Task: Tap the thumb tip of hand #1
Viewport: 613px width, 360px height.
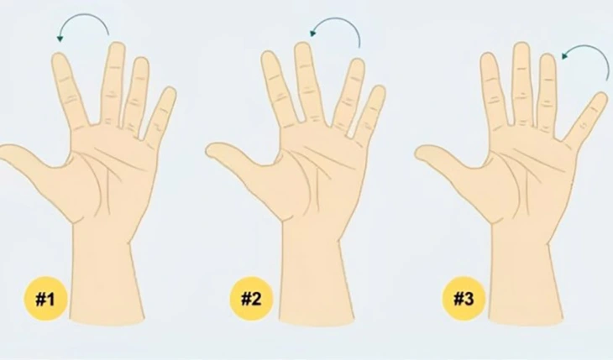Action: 7,152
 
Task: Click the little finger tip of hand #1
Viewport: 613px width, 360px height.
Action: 170,92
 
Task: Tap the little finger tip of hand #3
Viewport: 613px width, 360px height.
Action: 600,98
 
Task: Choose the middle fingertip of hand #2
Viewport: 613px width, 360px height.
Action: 303,49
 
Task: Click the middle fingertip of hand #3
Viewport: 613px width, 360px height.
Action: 521,48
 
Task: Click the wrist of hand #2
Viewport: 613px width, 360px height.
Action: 310,243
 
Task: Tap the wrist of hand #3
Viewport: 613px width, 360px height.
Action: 520,243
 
